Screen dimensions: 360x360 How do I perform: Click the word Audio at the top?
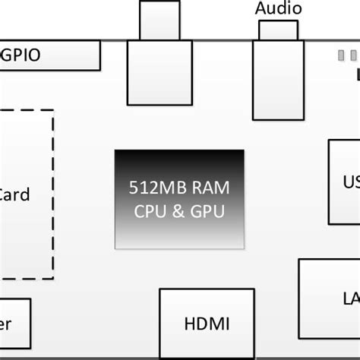[278, 9]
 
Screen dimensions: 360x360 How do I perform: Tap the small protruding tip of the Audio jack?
[278, 30]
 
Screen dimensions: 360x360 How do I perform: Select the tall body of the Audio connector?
[278, 80]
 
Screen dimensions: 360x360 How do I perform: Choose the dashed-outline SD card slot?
[27, 194]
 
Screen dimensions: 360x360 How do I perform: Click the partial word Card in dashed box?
[14, 194]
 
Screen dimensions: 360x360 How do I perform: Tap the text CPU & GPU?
[179, 212]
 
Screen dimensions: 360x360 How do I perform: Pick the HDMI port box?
[206, 323]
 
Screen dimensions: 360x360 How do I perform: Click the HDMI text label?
[207, 324]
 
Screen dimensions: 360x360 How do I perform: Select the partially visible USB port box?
[343, 182]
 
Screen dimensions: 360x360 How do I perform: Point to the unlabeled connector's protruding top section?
[159, 20]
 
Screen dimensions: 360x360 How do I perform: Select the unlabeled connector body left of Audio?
[159, 72]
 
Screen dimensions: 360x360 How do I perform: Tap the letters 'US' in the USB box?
[350, 182]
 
